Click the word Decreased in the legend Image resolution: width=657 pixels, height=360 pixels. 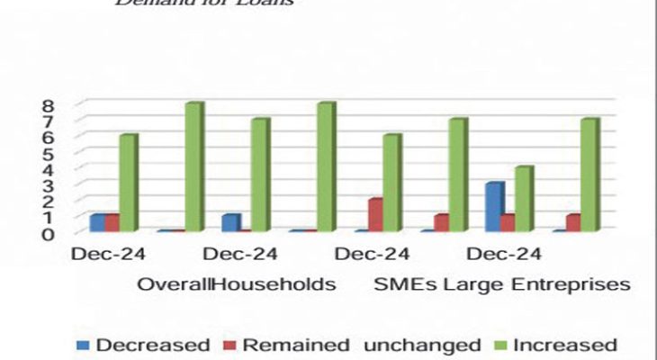(152, 345)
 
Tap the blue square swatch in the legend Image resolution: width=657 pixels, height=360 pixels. (83, 345)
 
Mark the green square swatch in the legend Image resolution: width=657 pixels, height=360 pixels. (499, 345)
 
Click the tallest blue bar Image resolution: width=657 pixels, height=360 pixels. (493, 207)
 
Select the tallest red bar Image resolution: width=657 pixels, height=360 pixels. (373, 215)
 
